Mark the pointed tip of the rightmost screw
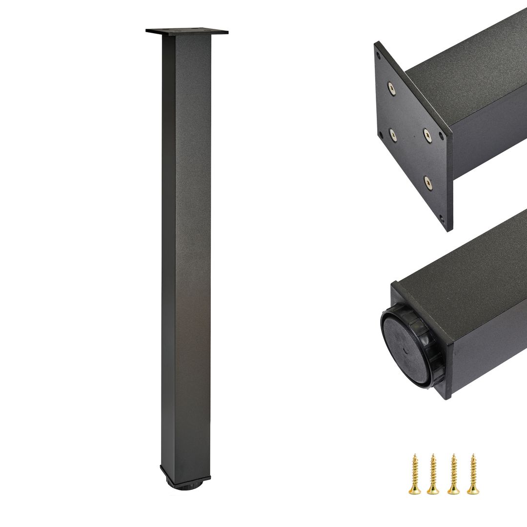tap(472, 455)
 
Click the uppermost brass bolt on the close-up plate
tap(391, 88)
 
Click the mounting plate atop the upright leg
tap(187, 32)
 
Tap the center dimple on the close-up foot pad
tap(405, 349)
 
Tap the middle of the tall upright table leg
tap(186, 254)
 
